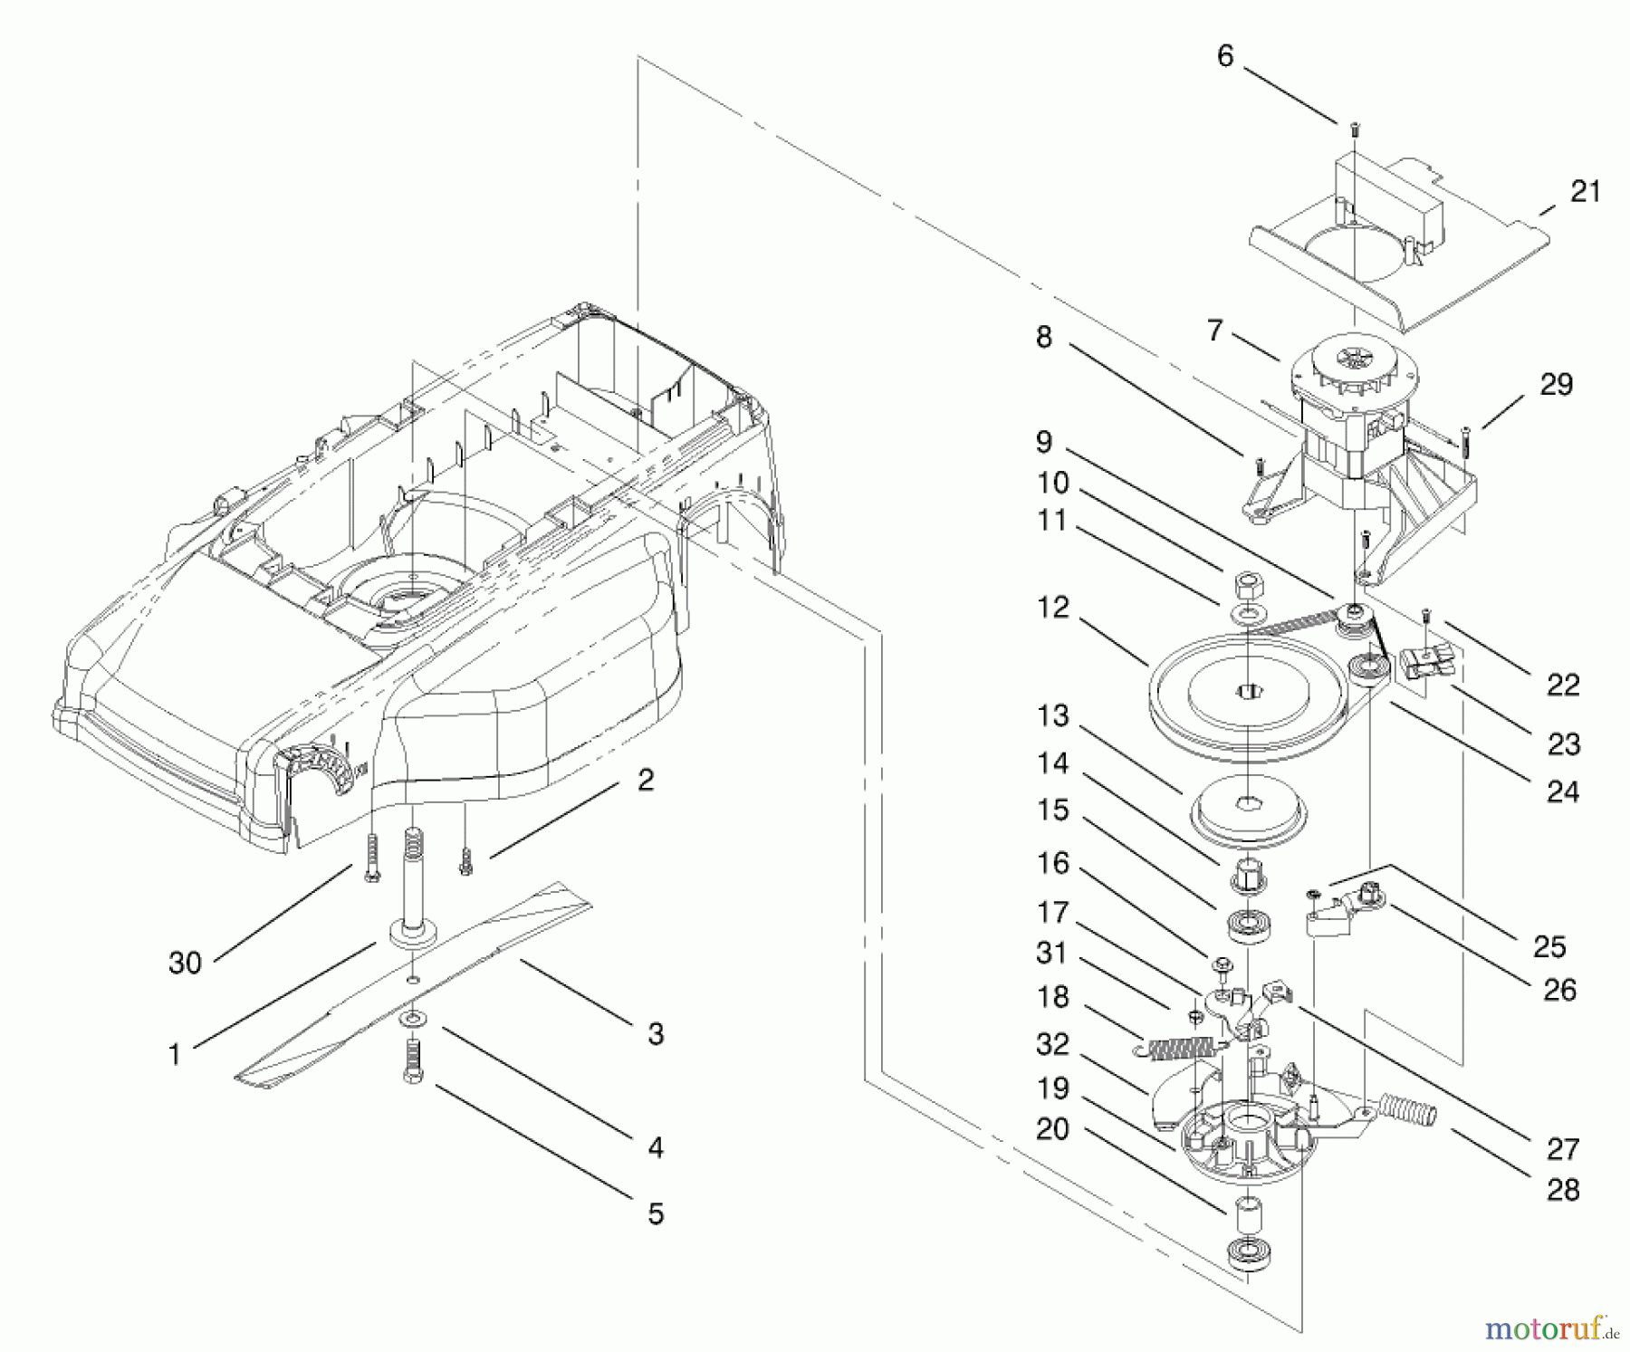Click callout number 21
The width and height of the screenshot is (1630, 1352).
point(1585,191)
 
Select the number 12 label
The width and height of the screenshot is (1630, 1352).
point(1053,608)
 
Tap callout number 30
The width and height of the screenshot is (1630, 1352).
point(185,963)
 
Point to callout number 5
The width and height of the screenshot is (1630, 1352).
point(656,1213)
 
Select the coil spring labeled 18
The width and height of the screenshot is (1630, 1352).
point(1178,1048)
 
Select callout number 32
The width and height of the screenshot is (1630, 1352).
point(1052,1044)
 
